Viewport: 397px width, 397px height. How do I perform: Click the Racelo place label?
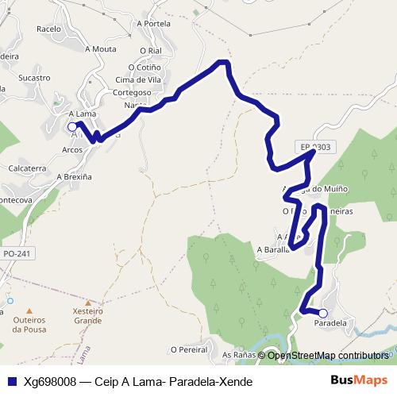tap(48, 29)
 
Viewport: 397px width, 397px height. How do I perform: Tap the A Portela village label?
tap(154, 24)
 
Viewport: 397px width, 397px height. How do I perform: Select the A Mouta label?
tap(100, 48)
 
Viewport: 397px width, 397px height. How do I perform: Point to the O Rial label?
tap(150, 50)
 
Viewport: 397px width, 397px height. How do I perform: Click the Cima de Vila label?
tap(139, 79)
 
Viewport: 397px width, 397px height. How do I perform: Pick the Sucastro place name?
tap(34, 78)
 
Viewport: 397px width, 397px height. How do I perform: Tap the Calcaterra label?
tap(27, 169)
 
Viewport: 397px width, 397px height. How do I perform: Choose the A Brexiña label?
tap(75, 178)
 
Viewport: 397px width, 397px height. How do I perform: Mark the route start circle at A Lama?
tap(72, 126)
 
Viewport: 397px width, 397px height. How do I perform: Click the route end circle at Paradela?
tap(322, 313)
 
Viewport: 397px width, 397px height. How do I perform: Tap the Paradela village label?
tap(331, 324)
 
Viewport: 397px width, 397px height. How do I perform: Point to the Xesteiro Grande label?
tap(87, 316)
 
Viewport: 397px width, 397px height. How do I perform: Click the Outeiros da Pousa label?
tap(30, 324)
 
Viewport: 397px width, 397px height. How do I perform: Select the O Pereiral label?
tap(188, 349)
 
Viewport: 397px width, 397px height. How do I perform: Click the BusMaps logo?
tap(359, 381)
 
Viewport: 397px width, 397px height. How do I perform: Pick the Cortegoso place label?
tap(131, 92)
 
